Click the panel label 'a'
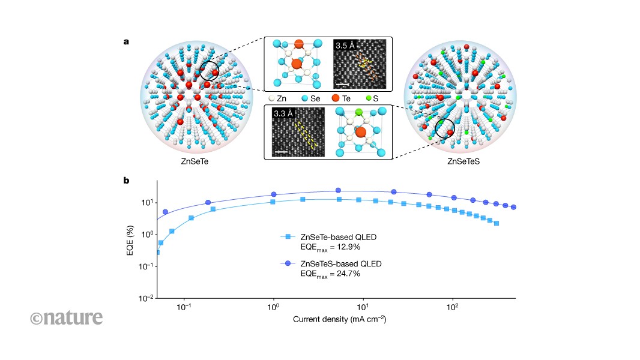(126, 41)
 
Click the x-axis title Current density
(339, 319)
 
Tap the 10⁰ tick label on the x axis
(273, 307)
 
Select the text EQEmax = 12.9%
(330, 247)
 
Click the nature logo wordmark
(67, 317)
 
